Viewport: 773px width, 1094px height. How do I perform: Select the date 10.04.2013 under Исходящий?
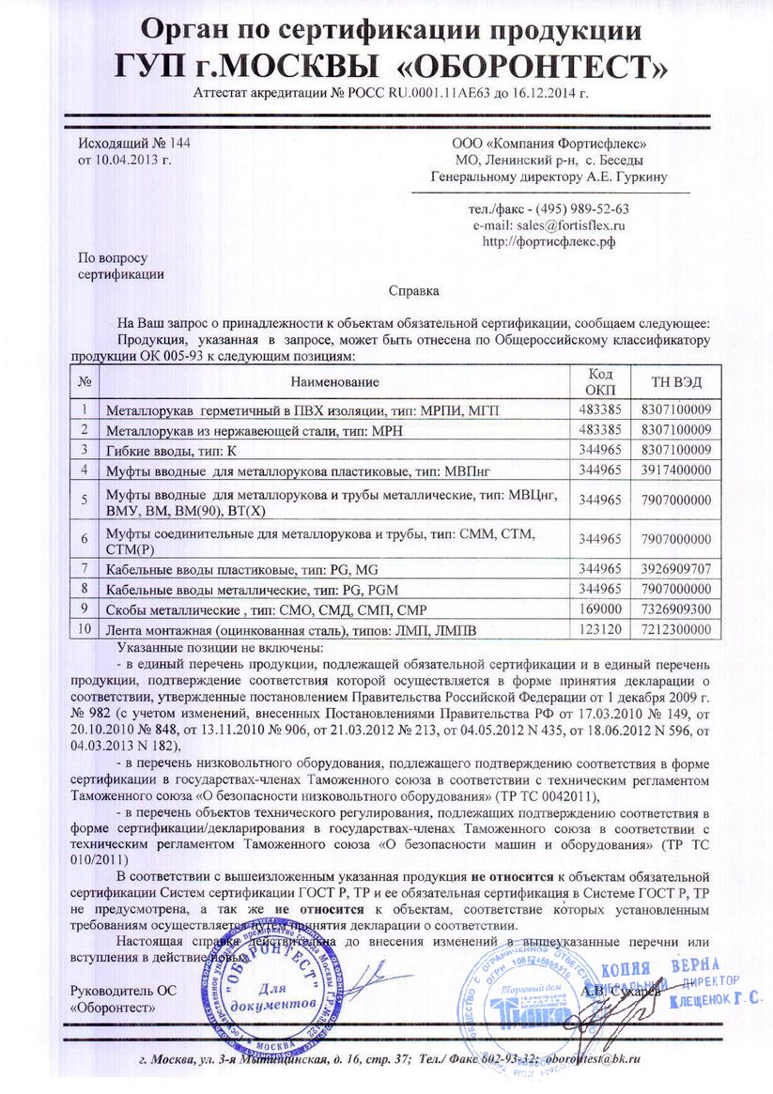point(130,160)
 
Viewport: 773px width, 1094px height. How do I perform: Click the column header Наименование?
point(334,381)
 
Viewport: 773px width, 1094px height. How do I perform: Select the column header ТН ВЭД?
point(676,381)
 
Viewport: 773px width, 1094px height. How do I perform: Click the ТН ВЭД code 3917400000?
point(676,468)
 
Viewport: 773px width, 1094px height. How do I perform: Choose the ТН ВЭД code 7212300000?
point(676,628)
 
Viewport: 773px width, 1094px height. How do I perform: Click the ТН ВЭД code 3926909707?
point(676,569)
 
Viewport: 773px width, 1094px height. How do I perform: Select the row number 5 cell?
point(85,499)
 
